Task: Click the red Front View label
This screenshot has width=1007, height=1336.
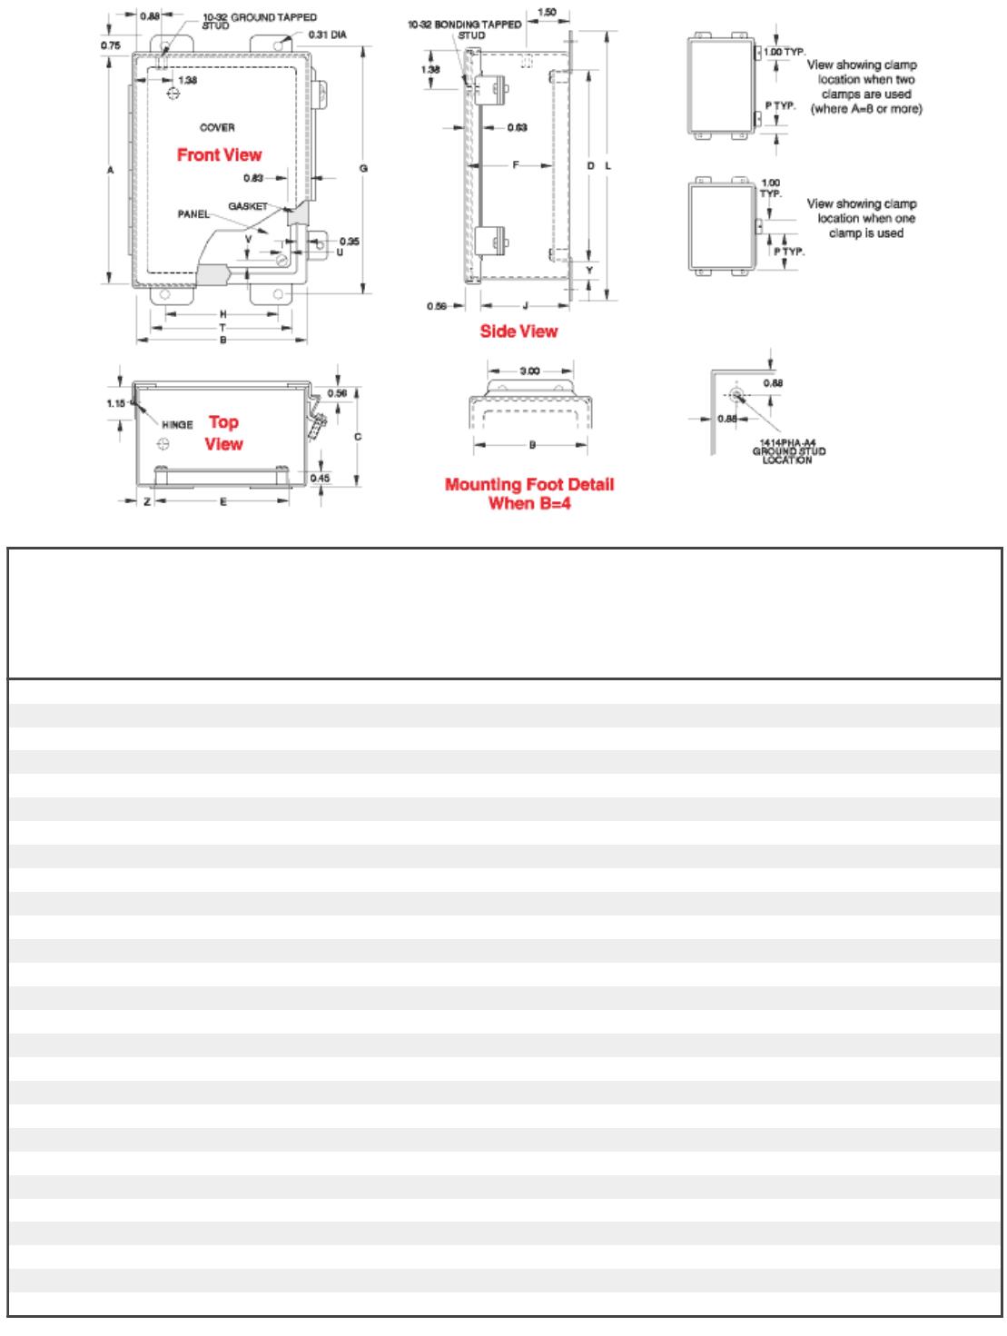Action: (x=219, y=155)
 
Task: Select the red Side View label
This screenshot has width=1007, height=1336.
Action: (x=518, y=332)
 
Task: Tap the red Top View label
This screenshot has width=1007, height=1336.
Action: (x=223, y=432)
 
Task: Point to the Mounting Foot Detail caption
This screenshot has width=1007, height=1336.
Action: (x=529, y=493)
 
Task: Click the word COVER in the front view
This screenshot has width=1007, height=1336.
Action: (x=217, y=128)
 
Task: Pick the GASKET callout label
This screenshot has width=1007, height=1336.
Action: (x=248, y=207)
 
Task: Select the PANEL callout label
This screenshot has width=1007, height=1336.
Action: (x=193, y=214)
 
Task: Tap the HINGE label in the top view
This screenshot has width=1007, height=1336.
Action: (x=178, y=424)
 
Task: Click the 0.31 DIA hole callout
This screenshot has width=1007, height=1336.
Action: (x=327, y=36)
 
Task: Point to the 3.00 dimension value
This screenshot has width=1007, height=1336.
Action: (x=529, y=371)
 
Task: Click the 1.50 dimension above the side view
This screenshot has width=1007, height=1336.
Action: (x=548, y=12)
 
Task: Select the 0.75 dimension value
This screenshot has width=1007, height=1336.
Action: (x=111, y=45)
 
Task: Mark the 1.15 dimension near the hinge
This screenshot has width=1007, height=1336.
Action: (x=114, y=401)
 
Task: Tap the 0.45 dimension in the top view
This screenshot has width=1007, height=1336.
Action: (x=320, y=478)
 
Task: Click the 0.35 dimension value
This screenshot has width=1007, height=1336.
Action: (x=350, y=241)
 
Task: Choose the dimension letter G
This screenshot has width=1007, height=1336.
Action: (x=363, y=168)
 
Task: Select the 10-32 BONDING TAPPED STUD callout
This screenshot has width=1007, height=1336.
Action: (x=465, y=30)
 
